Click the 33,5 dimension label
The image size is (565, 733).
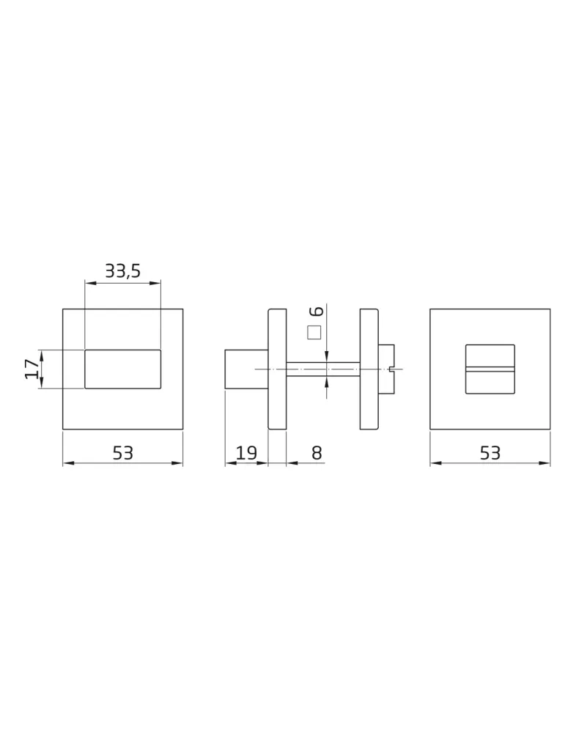(122, 270)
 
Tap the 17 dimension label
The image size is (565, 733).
(32, 369)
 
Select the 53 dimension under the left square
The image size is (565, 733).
(122, 452)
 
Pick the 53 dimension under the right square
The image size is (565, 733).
(490, 452)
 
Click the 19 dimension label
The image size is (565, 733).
(245, 452)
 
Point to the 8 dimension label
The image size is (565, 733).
(317, 452)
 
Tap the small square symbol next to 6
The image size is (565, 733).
(314, 332)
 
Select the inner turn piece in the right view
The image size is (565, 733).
(490, 369)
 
